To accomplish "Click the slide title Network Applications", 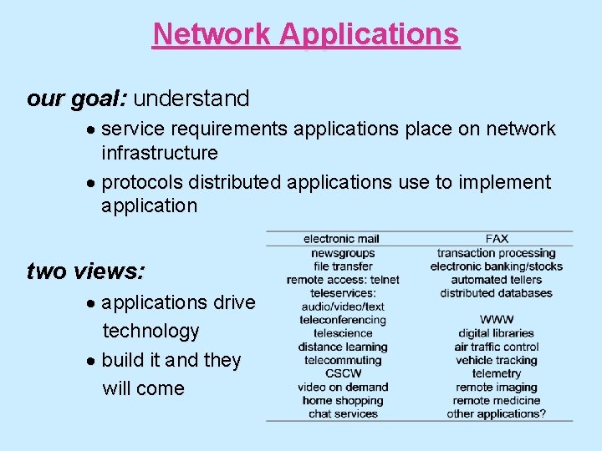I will point(306,34).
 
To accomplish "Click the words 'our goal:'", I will point(76,99).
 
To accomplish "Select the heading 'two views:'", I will point(85,271).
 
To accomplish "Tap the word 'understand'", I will point(191,99).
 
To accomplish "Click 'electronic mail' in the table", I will point(341,240).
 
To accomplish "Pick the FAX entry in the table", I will point(497,240).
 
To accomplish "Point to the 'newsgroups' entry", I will point(343,253).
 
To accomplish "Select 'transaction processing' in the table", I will point(497,253).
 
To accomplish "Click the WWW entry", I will point(497,320).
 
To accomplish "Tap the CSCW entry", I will point(343,373).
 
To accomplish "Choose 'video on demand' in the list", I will point(343,387).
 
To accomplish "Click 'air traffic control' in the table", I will point(497,347).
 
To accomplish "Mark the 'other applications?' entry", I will point(497,413).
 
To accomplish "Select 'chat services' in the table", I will point(343,413).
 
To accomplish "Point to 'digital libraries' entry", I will point(497,333).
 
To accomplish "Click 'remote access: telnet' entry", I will point(343,280).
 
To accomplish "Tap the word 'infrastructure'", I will point(160,153).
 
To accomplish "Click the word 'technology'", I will point(150,332).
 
